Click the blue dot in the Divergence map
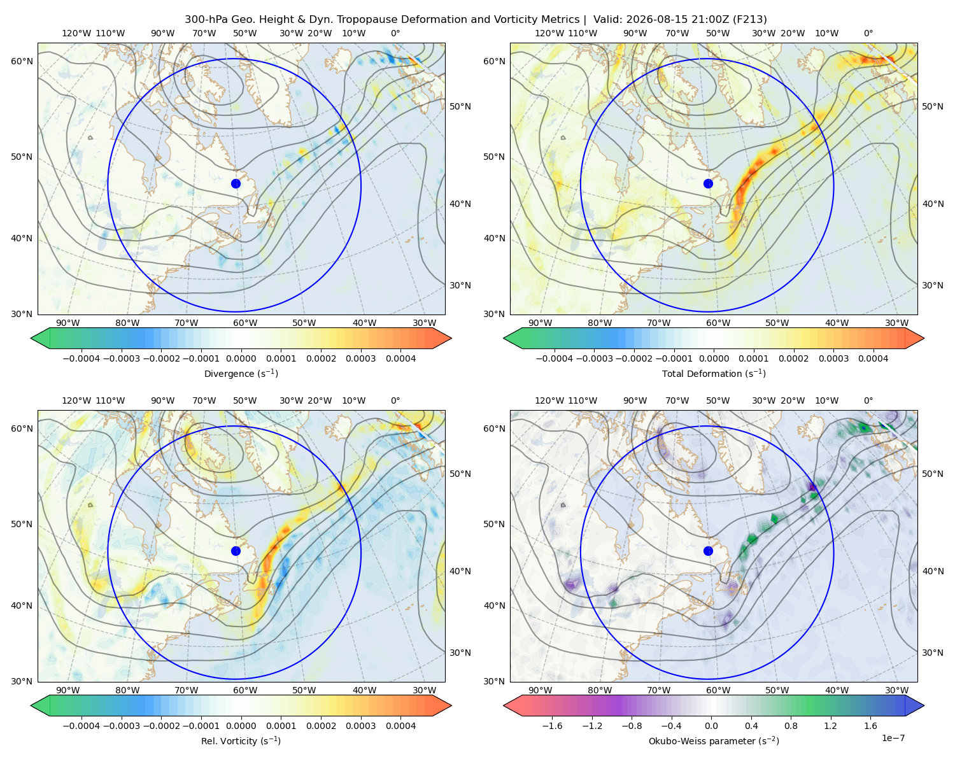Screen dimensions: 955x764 coord(236,184)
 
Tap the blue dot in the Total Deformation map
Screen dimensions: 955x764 coord(708,184)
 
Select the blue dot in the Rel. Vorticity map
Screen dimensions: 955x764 coord(236,551)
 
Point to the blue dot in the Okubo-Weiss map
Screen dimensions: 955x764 coord(708,551)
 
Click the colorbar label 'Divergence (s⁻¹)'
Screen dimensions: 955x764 coord(241,373)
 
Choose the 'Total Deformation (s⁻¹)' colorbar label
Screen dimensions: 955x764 coord(714,373)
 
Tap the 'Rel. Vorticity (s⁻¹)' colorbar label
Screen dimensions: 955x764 coord(241,740)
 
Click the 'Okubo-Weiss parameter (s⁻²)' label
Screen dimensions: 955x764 coord(714,740)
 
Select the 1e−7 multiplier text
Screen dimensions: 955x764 coord(893,738)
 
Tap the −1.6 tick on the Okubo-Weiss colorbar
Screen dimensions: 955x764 coord(552,726)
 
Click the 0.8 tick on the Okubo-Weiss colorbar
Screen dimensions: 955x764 coord(791,726)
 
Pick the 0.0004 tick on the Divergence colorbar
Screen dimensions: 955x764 coord(400,358)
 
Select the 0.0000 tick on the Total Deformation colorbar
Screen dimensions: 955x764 coord(714,358)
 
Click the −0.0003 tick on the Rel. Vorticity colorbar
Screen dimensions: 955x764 coord(121,726)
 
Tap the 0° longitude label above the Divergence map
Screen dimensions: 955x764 coord(395,33)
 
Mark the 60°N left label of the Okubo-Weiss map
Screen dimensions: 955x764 coord(494,428)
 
